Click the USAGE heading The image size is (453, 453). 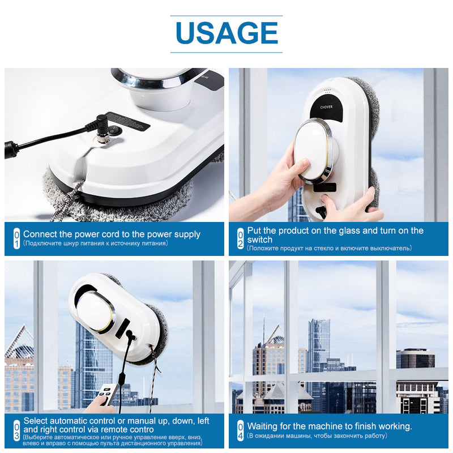(226, 33)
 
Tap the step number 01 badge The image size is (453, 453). (16, 238)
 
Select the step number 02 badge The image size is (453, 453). (240, 239)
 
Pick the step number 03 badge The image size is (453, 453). (16, 431)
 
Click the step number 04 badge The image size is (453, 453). (240, 430)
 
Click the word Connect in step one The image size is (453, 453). (40, 234)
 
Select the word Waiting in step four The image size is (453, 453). (263, 426)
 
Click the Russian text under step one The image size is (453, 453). (95, 243)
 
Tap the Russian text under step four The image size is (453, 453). (317, 436)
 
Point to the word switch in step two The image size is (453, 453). (260, 240)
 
